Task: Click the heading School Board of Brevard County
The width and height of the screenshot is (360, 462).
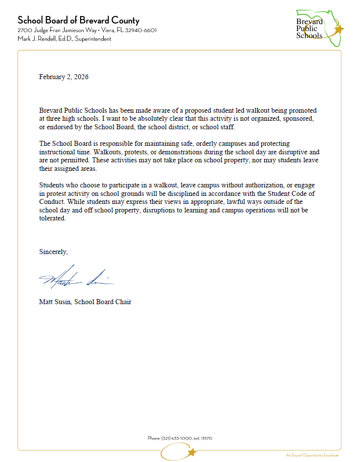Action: (79, 21)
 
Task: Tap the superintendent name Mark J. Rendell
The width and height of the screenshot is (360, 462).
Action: (37, 39)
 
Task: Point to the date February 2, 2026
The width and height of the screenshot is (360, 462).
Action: (64, 77)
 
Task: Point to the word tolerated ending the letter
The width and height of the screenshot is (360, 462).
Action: (53, 218)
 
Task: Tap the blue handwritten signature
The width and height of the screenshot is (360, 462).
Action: (75, 277)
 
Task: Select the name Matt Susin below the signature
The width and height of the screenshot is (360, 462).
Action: (55, 302)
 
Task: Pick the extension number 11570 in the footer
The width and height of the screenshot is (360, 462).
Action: (206, 438)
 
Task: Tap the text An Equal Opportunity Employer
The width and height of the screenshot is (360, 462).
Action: (312, 455)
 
